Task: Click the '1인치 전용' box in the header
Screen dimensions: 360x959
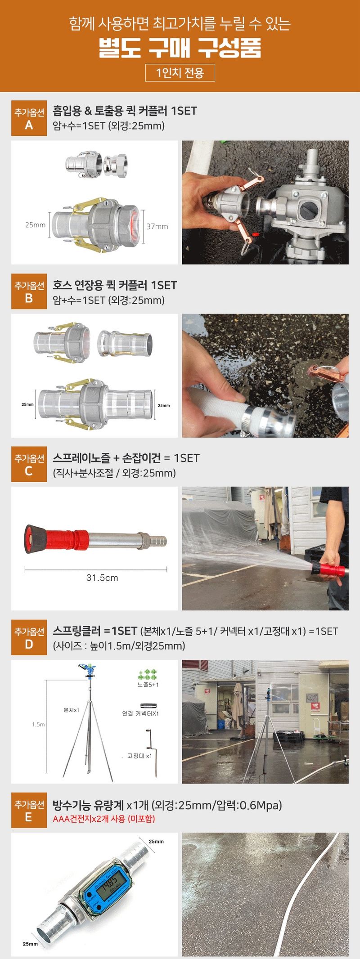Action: (180, 72)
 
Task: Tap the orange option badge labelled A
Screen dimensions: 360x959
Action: (29, 118)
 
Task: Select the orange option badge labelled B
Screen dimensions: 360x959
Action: (29, 291)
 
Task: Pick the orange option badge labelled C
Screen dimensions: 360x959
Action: (29, 465)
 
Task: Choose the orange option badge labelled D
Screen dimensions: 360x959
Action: (29, 638)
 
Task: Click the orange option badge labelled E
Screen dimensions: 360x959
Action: (29, 811)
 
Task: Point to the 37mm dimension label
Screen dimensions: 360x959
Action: (157, 226)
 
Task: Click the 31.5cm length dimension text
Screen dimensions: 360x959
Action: (102, 578)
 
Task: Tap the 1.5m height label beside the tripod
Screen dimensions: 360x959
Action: (38, 725)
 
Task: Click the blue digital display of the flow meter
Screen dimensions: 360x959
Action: (108, 884)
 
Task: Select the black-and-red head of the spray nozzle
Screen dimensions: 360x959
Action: (32, 538)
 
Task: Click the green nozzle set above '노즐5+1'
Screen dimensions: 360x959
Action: (148, 675)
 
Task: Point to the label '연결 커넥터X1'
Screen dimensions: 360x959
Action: (140, 713)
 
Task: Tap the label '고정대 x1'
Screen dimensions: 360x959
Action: (139, 756)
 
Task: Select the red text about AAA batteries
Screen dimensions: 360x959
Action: (104, 819)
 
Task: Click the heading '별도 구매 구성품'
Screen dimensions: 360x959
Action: (180, 48)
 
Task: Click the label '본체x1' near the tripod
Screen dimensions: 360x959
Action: (72, 710)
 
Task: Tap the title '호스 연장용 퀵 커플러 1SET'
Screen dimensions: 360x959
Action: (115, 285)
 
